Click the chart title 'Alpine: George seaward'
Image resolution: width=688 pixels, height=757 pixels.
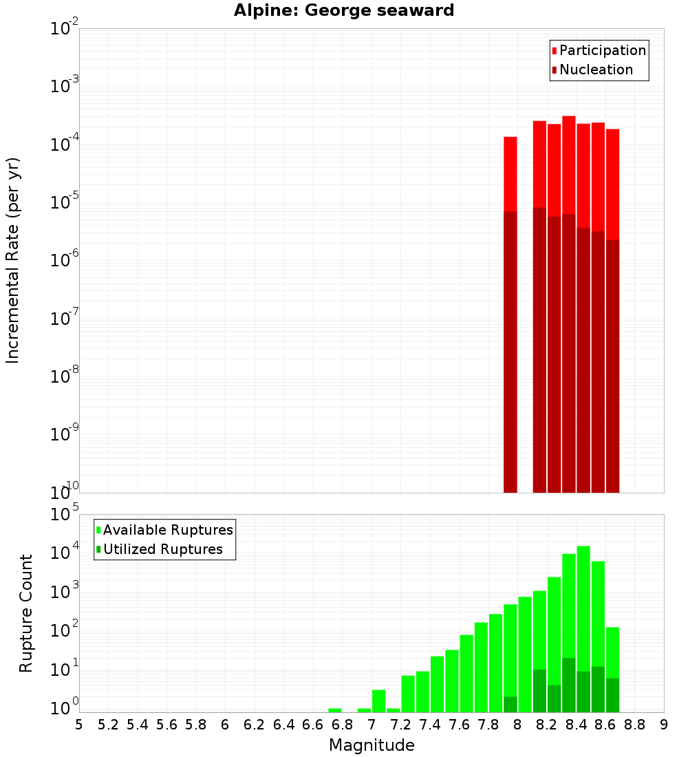(344, 10)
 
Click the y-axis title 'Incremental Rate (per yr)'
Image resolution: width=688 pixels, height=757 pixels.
(13, 261)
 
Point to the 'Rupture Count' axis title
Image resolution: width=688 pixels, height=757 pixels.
(26, 613)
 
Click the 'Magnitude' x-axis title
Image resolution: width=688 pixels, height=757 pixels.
(372, 745)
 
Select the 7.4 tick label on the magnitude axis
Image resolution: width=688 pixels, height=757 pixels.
(430, 725)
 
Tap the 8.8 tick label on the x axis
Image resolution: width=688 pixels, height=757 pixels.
(634, 725)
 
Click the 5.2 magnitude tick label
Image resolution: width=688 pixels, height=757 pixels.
(108, 725)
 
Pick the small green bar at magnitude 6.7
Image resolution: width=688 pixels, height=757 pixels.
(335, 710)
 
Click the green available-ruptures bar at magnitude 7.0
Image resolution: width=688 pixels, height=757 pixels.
(378, 701)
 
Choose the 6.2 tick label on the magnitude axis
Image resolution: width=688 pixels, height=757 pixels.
(255, 725)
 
